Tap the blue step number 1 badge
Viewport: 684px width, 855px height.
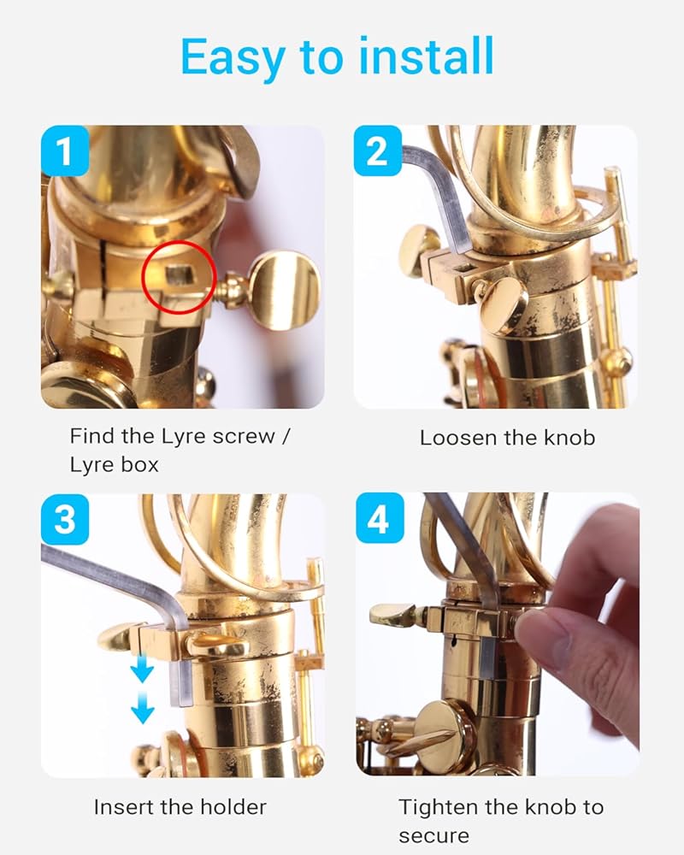(x=65, y=150)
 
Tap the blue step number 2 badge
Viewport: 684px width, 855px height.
(x=377, y=150)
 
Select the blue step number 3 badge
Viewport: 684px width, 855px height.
(x=65, y=519)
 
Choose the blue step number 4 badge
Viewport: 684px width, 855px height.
(x=380, y=518)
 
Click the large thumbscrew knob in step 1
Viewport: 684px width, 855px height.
(x=286, y=290)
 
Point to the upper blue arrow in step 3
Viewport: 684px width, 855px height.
(x=142, y=669)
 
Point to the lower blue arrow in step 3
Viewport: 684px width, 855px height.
(x=143, y=708)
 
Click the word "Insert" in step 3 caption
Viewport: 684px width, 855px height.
(x=124, y=807)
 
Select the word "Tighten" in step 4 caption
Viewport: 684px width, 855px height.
(x=437, y=808)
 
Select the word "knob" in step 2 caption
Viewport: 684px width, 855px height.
(x=570, y=438)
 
